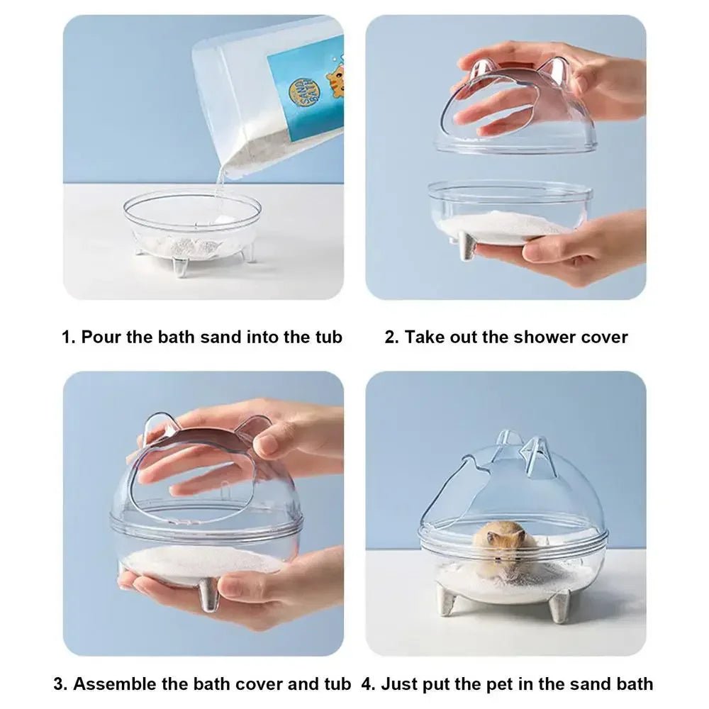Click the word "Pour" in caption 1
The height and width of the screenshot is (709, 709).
tap(101, 337)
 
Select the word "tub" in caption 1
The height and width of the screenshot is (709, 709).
tap(328, 337)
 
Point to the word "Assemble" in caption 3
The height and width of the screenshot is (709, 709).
tap(114, 684)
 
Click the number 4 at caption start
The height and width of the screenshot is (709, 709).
tap(366, 684)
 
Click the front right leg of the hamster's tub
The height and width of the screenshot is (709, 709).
tap(560, 606)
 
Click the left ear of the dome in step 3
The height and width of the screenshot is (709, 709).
tap(155, 430)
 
